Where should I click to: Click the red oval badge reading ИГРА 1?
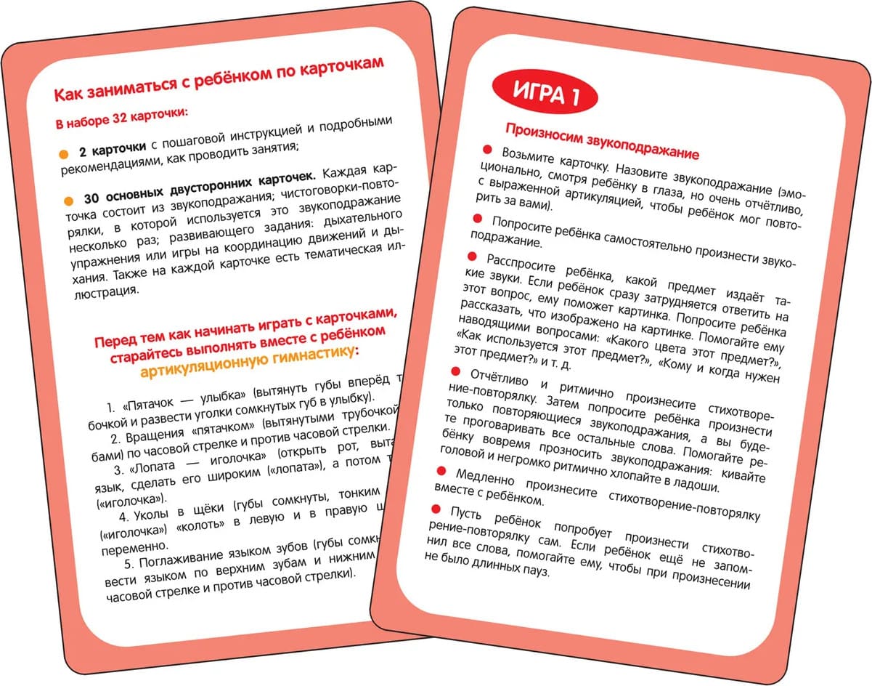[545, 94]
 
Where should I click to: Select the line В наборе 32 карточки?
[122, 117]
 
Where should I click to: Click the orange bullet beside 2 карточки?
[63, 154]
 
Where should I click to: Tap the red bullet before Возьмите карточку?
[486, 149]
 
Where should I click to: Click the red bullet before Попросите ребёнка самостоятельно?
[477, 218]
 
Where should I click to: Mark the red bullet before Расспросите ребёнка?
[471, 256]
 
